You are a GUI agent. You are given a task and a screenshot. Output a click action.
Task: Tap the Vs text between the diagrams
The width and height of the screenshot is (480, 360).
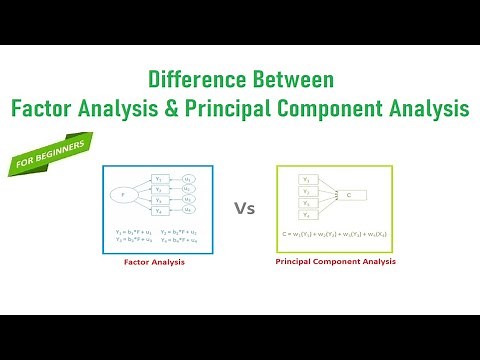click(x=245, y=209)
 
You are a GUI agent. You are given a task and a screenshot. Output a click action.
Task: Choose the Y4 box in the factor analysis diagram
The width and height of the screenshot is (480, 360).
click(x=159, y=212)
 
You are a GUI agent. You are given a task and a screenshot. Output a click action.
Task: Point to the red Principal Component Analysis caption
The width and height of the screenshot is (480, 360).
click(x=335, y=261)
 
